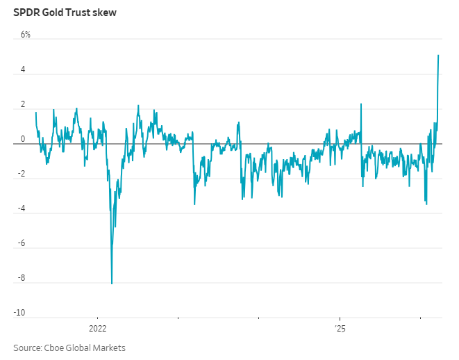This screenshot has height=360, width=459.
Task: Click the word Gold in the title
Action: coord(52,13)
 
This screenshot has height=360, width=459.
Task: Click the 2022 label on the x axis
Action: coord(97,327)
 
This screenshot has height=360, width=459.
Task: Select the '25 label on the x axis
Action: coord(340,327)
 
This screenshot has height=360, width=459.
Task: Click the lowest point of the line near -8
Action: coord(112,283)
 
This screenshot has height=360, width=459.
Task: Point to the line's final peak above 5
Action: coord(438,56)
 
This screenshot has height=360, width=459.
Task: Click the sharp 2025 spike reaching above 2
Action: coord(361,104)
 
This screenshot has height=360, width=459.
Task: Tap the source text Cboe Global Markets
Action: coord(85,347)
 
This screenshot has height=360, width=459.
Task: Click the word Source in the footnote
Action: coord(27,347)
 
